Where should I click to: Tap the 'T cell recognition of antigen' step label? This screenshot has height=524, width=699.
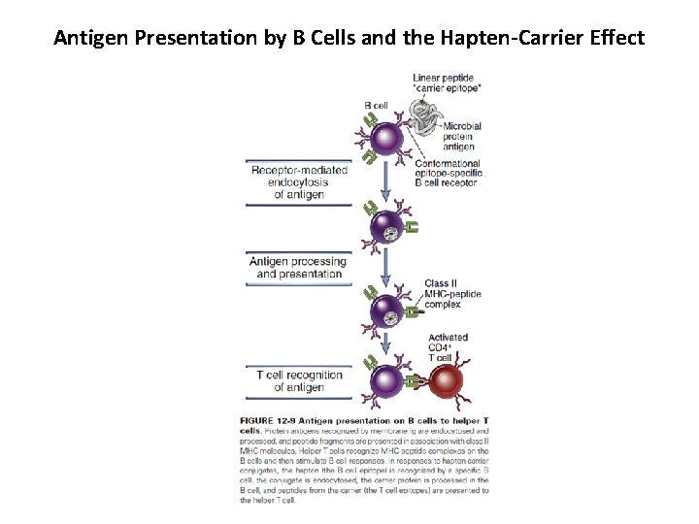pos(299,381)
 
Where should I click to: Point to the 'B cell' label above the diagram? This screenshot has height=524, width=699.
pos(377,105)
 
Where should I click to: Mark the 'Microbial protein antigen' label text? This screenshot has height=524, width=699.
pos(461,136)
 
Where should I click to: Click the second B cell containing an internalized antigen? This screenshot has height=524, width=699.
pos(388,230)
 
